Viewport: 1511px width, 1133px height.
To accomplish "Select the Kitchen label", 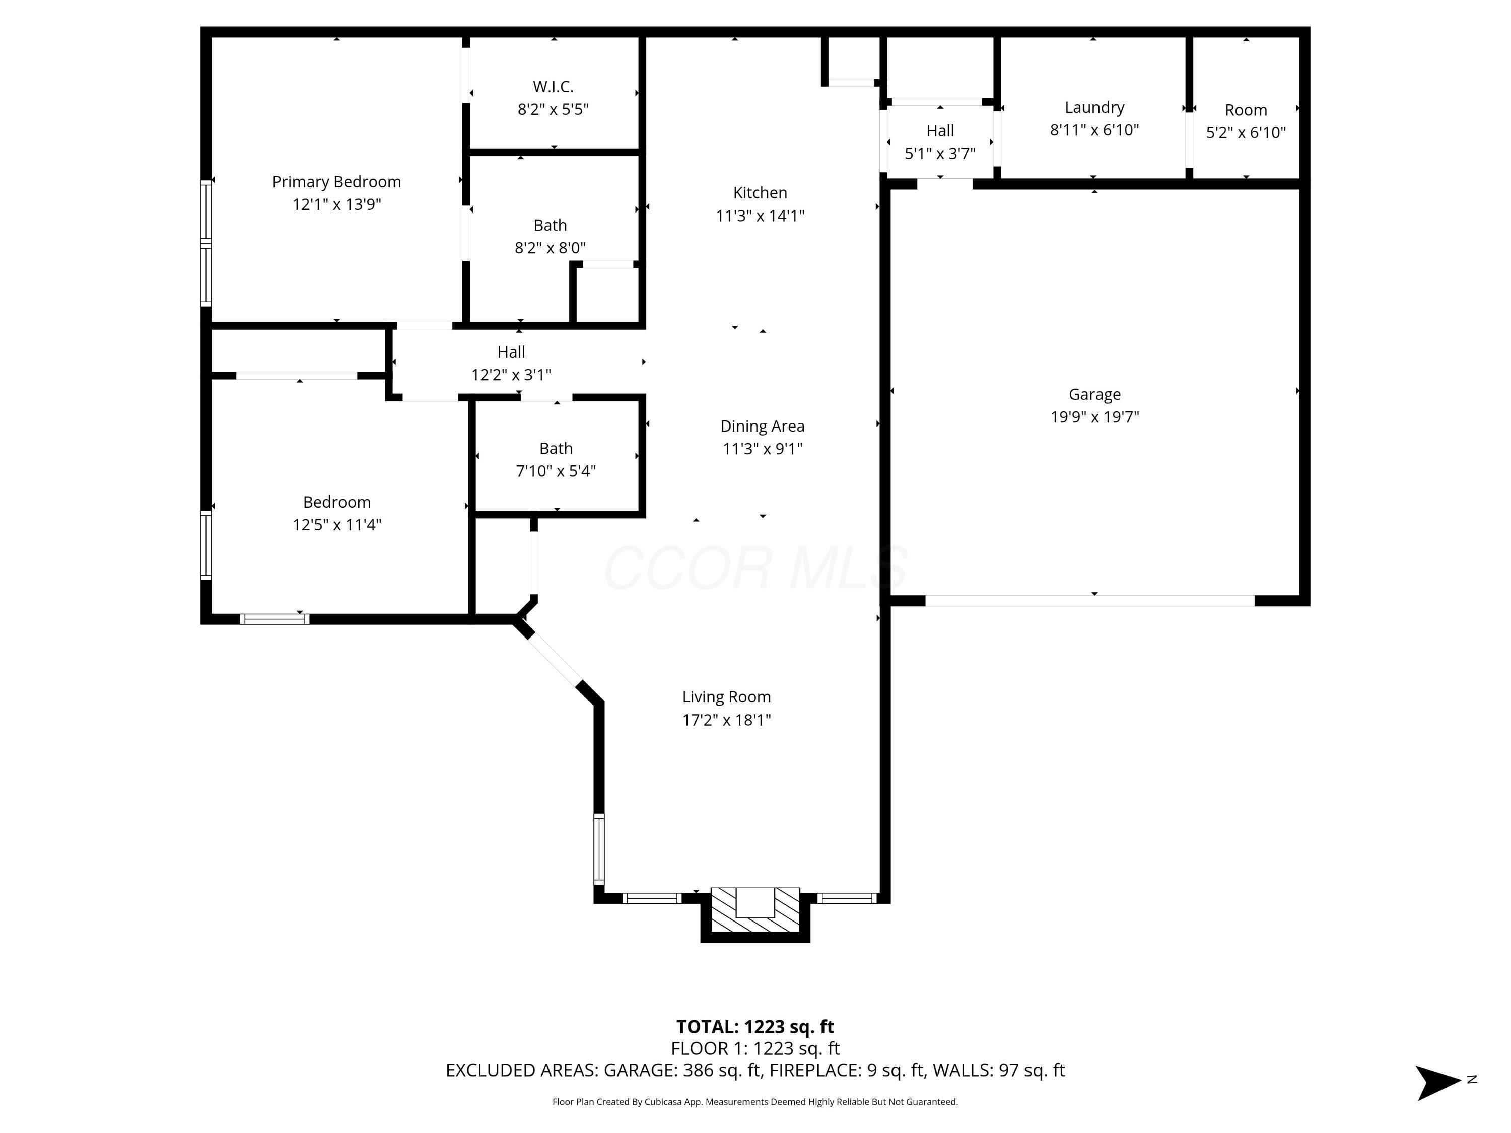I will point(760,192).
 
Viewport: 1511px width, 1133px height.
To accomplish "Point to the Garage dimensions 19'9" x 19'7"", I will point(1094,416).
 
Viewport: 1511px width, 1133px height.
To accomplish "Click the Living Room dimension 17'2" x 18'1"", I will point(726,720).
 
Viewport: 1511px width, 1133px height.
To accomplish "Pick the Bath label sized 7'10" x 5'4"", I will point(556,449).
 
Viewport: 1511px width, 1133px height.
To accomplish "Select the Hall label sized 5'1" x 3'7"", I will point(940,130).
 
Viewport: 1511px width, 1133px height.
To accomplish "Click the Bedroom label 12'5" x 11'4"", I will point(337,502).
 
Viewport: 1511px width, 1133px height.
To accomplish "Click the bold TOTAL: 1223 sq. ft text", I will point(755,1026).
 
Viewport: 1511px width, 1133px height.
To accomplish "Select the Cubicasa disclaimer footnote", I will point(755,1102).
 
